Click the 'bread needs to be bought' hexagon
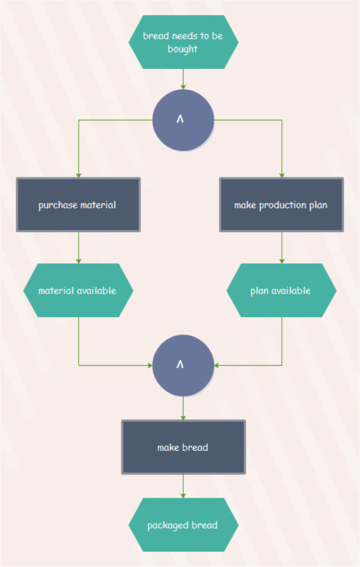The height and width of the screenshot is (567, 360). (183, 42)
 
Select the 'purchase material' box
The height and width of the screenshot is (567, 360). (78, 205)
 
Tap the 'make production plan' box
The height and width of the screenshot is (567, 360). (281, 205)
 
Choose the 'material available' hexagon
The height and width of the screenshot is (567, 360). (78, 290)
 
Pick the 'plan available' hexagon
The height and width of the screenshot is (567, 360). (281, 290)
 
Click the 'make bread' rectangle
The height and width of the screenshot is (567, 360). (183, 447)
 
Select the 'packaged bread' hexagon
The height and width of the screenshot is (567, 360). (183, 525)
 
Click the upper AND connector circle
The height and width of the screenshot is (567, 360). (183, 120)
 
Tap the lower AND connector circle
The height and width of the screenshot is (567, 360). (183, 365)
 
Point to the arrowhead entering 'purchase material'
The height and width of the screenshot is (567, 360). (79, 175)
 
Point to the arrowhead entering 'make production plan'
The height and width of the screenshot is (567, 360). (282, 175)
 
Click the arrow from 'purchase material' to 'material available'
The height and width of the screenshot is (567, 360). (79, 247)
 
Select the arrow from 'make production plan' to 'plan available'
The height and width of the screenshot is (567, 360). (282, 247)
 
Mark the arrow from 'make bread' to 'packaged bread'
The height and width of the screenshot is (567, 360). (183, 486)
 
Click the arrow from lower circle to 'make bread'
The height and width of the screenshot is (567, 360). (183, 408)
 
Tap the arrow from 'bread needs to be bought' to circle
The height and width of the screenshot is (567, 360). (183, 79)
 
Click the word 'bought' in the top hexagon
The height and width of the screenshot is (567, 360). (183, 49)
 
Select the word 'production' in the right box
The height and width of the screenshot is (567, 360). (284, 205)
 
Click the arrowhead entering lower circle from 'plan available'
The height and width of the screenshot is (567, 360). (217, 365)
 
